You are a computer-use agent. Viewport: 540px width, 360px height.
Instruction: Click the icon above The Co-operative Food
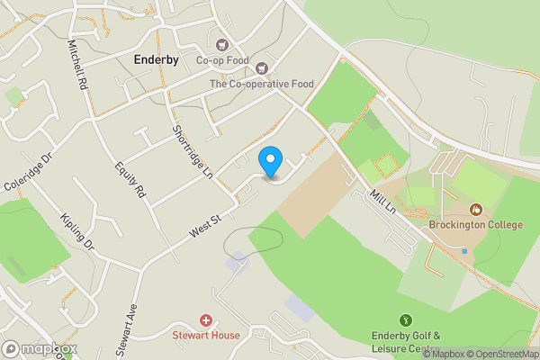(262, 67)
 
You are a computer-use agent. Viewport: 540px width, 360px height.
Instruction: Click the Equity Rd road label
(130, 178)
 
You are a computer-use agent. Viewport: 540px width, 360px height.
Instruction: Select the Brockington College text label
(475, 224)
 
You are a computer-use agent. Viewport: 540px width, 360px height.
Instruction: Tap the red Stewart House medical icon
(206, 320)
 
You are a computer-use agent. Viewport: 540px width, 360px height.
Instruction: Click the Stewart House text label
(206, 336)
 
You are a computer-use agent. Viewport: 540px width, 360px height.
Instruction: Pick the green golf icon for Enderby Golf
(406, 320)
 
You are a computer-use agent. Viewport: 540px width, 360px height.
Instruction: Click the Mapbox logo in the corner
(39, 348)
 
